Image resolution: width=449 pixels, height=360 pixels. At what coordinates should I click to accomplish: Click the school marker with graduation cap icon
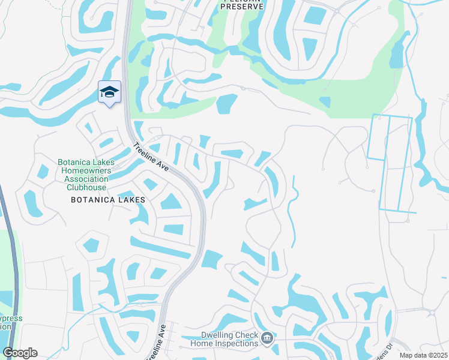109,92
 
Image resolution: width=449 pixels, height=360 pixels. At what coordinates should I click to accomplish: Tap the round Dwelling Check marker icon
267,339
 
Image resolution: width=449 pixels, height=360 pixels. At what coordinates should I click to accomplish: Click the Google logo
20,353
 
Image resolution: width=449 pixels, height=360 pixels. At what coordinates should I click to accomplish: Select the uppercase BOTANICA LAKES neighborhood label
108,199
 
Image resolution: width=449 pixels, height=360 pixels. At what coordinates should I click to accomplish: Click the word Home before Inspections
202,343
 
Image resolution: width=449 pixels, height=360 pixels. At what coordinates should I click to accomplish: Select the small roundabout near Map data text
431,312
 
